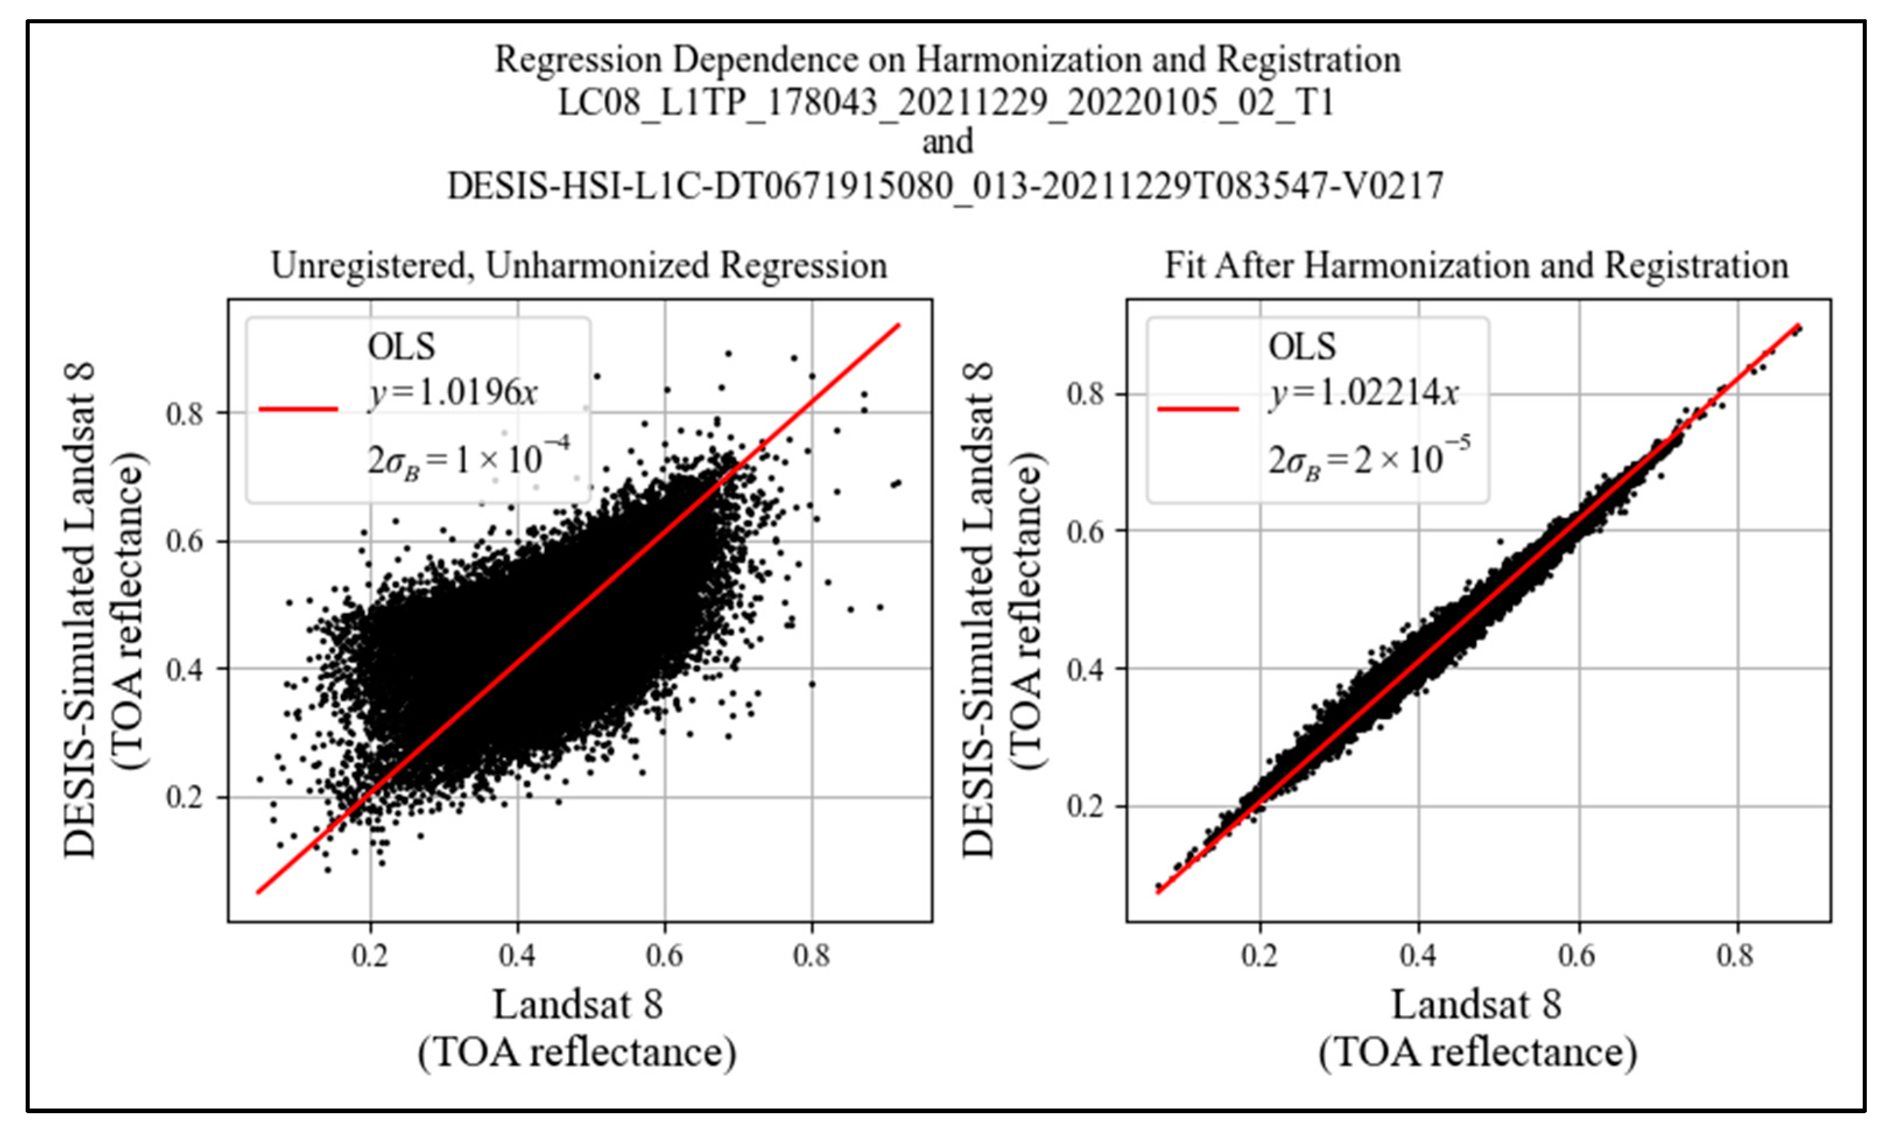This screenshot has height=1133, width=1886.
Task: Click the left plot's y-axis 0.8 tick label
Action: [x=185, y=414]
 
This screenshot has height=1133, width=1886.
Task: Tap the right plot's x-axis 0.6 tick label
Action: [x=1577, y=955]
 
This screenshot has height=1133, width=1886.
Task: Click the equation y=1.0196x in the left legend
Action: [x=453, y=393]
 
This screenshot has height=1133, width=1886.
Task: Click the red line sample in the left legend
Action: [x=298, y=410]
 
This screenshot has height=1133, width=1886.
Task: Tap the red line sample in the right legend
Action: [x=1197, y=410]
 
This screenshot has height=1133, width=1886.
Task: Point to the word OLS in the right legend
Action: [x=1302, y=347]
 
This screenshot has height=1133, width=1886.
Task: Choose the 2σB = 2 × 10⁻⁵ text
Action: [x=1368, y=458]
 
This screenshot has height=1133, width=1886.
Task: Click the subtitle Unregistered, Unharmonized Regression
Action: [x=579, y=266]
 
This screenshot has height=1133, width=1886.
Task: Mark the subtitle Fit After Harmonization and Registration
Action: [x=1476, y=266]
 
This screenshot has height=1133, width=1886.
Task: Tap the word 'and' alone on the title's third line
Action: [x=947, y=142]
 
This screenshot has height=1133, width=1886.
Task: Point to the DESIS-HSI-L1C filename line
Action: [x=944, y=185]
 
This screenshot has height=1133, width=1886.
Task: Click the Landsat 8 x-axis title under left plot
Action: [x=577, y=1005]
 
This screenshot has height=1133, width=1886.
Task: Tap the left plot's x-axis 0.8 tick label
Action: [x=811, y=955]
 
